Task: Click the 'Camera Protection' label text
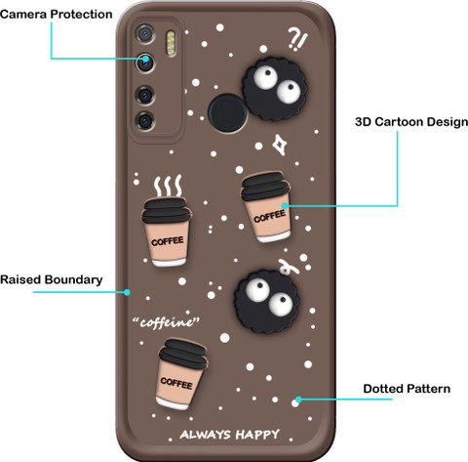57,15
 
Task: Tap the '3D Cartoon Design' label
411,122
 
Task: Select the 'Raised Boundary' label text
52,279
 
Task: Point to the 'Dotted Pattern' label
407,389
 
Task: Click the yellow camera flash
171,43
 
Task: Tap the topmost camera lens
144,34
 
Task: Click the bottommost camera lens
145,121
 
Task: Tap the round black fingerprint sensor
227,113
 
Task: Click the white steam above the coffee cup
168,186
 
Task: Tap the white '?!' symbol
297,39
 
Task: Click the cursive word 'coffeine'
166,322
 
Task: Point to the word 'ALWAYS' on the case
206,435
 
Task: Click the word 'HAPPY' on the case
257,435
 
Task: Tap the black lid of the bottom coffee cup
183,354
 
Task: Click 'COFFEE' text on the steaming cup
168,241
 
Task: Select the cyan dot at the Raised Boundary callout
127,292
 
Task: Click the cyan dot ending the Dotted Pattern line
298,399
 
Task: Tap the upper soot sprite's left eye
265,76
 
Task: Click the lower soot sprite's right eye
281,304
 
